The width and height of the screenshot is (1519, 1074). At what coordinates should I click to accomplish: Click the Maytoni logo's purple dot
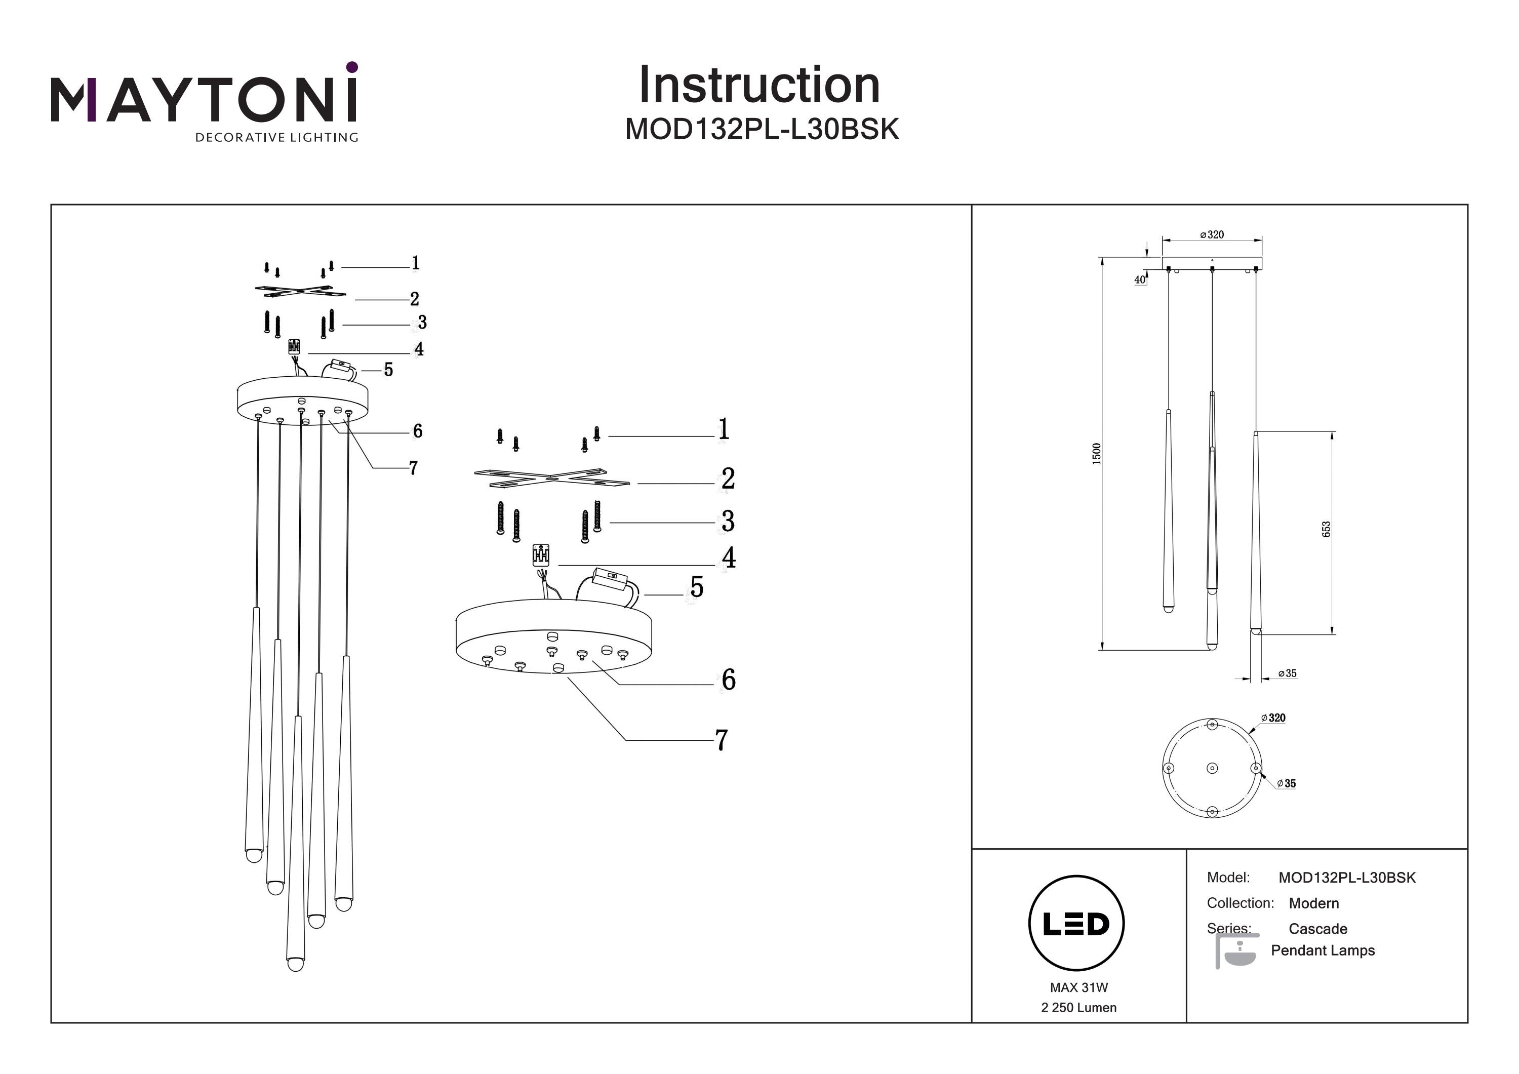click(x=352, y=67)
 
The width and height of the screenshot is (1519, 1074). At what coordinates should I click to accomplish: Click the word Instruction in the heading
click(x=759, y=86)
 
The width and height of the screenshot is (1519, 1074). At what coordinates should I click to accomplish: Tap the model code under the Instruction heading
click(x=762, y=130)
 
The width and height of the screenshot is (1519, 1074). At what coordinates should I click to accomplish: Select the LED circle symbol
click(x=1076, y=923)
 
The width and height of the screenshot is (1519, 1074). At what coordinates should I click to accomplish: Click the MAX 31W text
click(x=1078, y=987)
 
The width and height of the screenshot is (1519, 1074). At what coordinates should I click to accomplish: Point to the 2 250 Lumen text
click(x=1078, y=1008)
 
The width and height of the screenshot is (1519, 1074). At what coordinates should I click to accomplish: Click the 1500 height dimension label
click(x=1096, y=453)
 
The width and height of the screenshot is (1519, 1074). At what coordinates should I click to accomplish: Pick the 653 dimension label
click(x=1326, y=529)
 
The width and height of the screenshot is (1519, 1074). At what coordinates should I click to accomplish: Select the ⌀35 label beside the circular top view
click(x=1286, y=783)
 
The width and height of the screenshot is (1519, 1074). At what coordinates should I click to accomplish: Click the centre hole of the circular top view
click(x=1212, y=768)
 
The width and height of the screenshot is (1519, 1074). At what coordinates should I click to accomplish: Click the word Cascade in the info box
click(x=1317, y=929)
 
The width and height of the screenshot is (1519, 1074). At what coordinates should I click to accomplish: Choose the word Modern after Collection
click(x=1313, y=903)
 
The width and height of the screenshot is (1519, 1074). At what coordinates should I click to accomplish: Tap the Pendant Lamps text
click(x=1322, y=950)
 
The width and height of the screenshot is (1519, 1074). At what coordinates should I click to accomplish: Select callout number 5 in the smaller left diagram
click(x=388, y=370)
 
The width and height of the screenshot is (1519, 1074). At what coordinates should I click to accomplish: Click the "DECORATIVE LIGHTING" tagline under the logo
click(x=276, y=138)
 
